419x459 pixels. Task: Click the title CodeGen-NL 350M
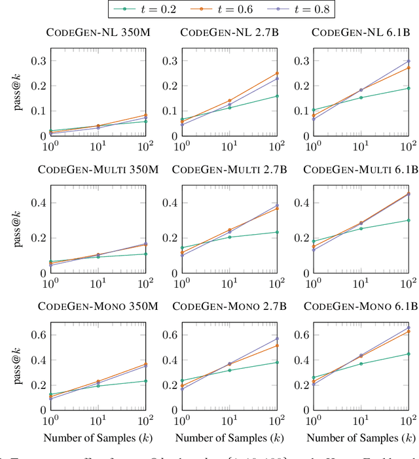click(98, 33)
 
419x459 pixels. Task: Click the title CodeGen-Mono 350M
click(98, 306)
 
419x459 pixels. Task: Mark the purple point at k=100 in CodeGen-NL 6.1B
click(409, 61)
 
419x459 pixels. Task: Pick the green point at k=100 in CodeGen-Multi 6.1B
click(409, 220)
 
